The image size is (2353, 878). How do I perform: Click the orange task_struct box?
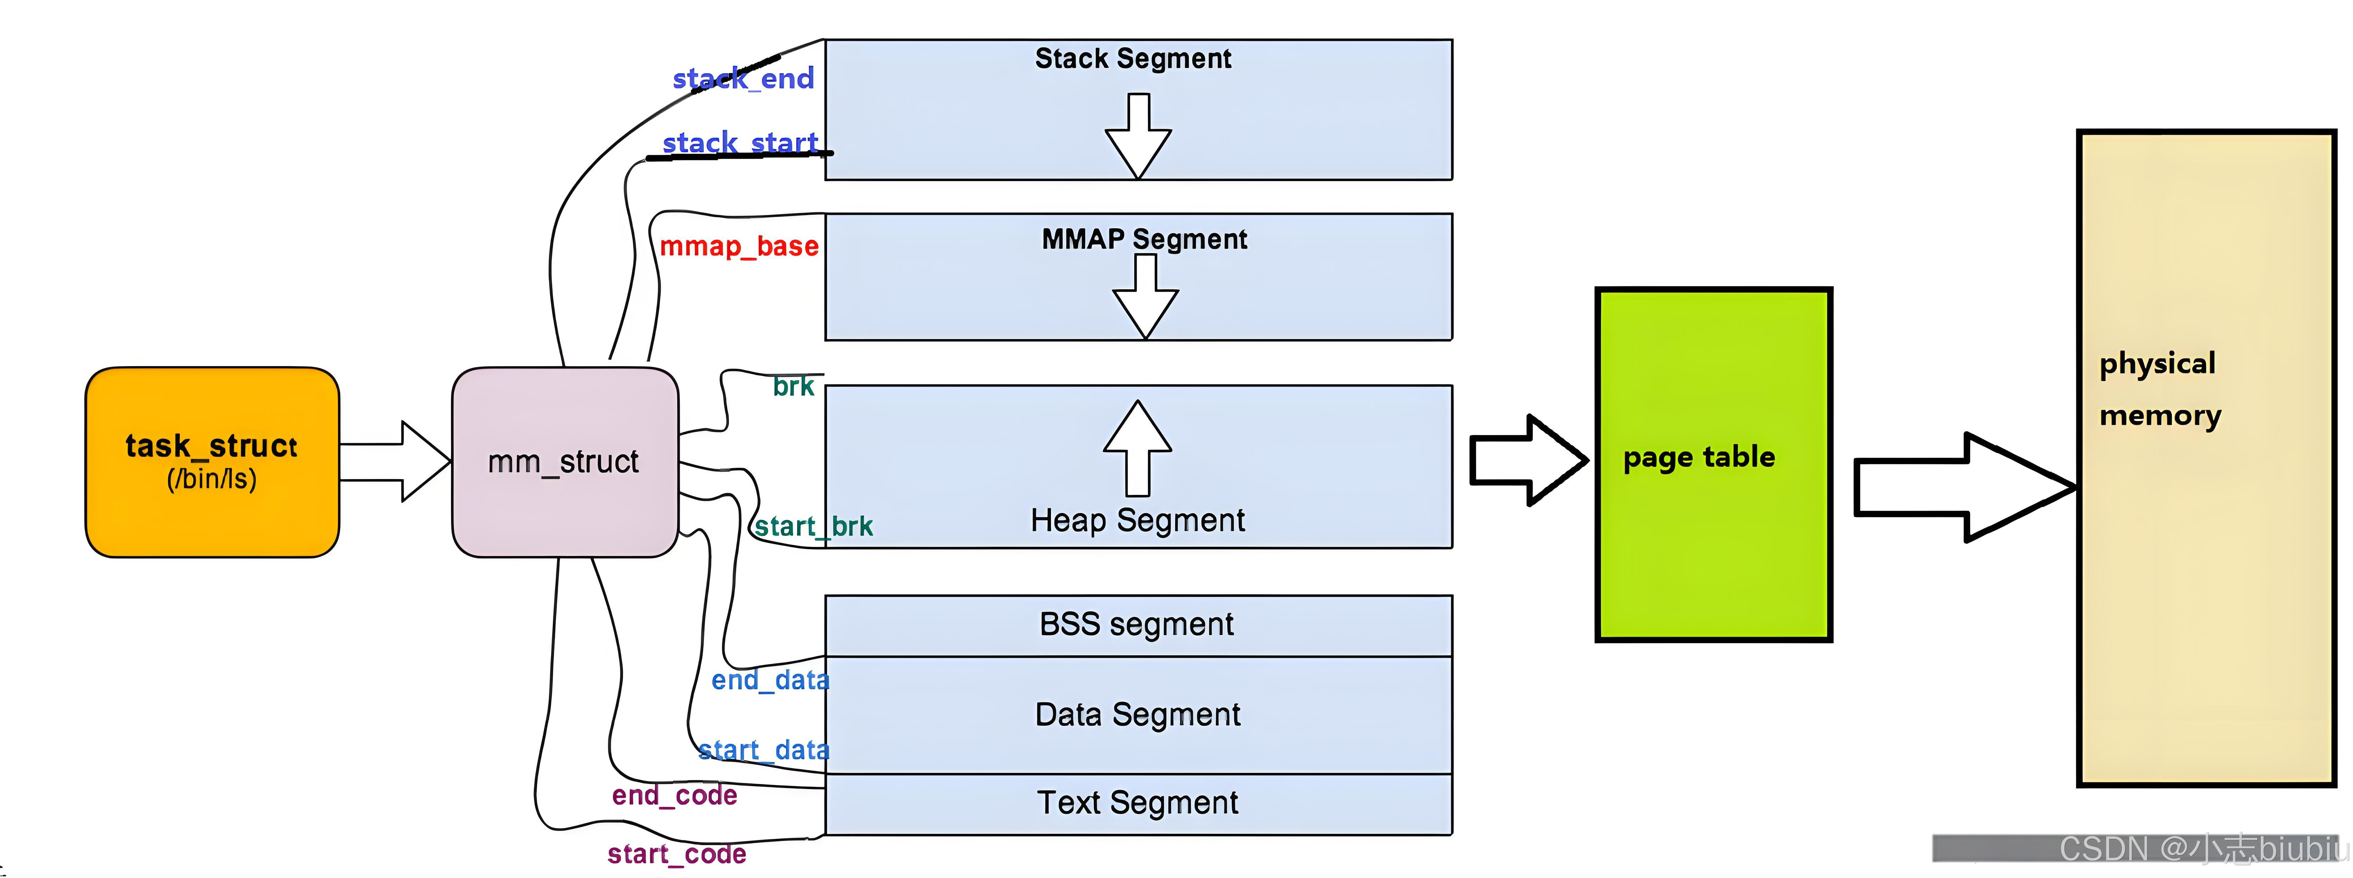tap(212, 462)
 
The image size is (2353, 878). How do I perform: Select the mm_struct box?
tap(564, 462)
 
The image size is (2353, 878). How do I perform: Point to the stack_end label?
tap(743, 78)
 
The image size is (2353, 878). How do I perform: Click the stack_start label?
tap(740, 142)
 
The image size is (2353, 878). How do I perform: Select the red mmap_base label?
tap(739, 246)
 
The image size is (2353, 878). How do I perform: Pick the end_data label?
tap(770, 680)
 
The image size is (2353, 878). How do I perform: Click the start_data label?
tap(763, 750)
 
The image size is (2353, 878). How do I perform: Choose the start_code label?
tap(677, 854)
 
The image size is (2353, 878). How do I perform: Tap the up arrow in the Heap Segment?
tap(1137, 448)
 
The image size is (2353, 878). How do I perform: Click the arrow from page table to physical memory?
tap(1964, 487)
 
